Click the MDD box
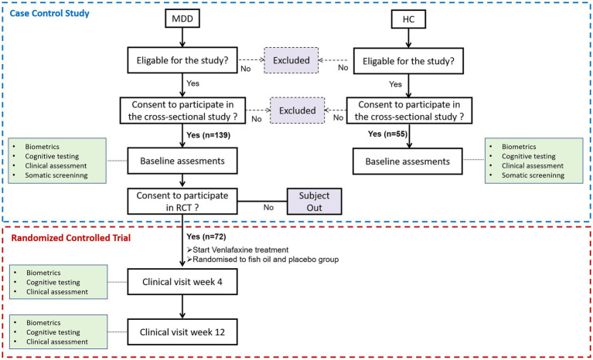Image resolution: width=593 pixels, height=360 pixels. click(x=182, y=19)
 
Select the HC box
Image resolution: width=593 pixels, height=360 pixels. click(x=408, y=19)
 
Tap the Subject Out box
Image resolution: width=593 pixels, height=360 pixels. click(x=314, y=202)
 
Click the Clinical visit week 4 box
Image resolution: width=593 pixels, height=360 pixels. click(x=182, y=282)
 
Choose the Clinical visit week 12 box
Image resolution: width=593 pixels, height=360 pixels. click(x=182, y=332)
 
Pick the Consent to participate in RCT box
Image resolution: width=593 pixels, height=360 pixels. click(x=182, y=202)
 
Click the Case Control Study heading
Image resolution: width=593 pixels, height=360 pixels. click(x=49, y=13)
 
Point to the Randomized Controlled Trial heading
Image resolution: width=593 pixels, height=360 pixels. click(x=70, y=238)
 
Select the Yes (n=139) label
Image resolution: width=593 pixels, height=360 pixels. click(x=209, y=135)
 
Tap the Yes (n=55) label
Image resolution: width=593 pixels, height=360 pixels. click(x=387, y=134)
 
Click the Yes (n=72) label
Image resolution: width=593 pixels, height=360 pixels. click(x=206, y=236)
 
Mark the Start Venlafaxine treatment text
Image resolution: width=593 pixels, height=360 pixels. click(x=237, y=250)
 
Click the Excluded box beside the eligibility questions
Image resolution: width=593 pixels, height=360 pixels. click(x=291, y=60)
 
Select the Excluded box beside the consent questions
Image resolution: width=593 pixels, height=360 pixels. click(x=297, y=110)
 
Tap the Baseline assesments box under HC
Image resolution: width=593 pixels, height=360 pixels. click(x=407, y=161)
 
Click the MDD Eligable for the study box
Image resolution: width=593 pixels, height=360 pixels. click(x=182, y=60)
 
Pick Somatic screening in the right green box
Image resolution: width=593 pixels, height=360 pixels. click(x=533, y=175)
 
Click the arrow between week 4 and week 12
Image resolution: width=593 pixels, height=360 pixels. click(x=182, y=307)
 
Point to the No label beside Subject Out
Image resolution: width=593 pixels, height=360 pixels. click(x=268, y=207)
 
